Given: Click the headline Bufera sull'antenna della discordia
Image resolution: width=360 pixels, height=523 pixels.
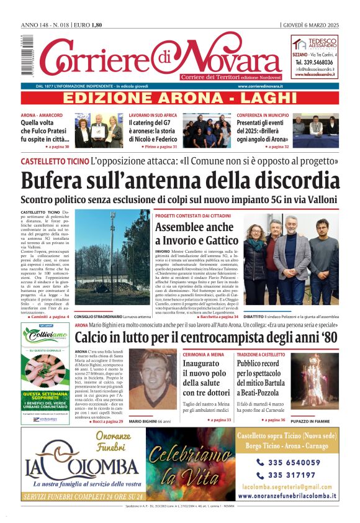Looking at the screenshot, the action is click(180, 180).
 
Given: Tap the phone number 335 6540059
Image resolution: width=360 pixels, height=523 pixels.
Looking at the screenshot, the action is click(289, 462).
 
